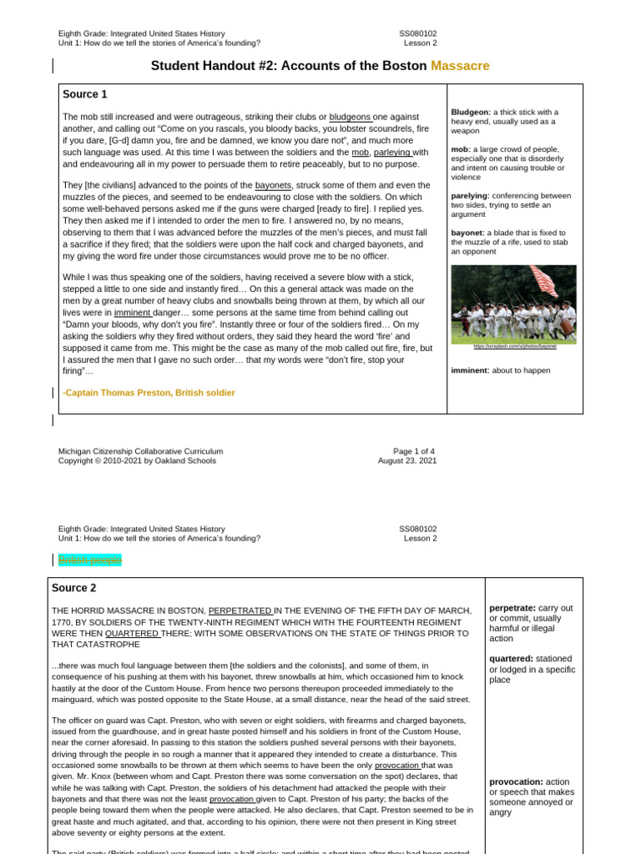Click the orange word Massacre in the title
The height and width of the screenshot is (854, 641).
tap(460, 66)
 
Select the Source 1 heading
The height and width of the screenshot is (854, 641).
tap(85, 94)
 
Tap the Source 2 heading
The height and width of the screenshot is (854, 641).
tap(74, 588)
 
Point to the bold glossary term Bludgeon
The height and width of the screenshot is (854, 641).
tap(470, 112)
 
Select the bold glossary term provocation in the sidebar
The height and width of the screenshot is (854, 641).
tap(515, 781)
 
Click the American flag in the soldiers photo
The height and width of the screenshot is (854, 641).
tap(543, 281)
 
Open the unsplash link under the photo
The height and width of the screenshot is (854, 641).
tap(514, 346)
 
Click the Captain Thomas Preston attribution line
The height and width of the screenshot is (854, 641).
tap(149, 393)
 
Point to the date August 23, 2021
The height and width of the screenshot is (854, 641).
tap(406, 460)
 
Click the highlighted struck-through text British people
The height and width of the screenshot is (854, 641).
tap(89, 560)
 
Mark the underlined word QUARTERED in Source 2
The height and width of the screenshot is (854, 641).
tap(132, 633)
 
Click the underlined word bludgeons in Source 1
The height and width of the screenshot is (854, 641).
tap(350, 117)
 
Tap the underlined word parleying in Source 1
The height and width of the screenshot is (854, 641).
tap(392, 153)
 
